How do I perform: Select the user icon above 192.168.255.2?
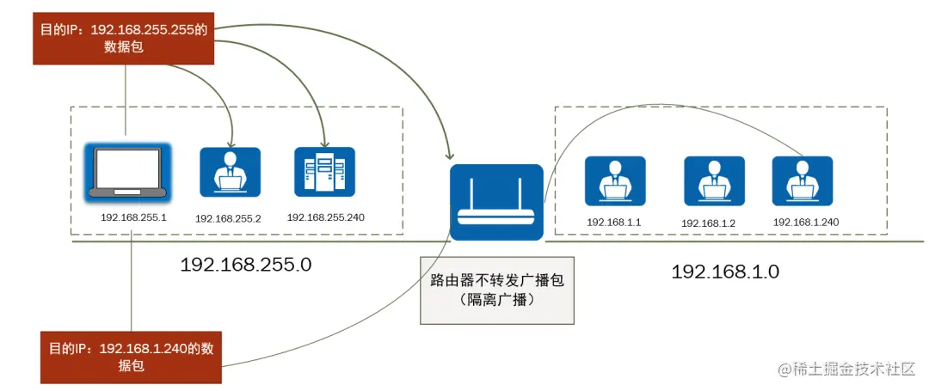(x=230, y=174)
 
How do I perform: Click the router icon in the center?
(x=496, y=202)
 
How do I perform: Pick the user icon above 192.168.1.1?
(x=614, y=180)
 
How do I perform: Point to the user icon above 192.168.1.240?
(x=802, y=180)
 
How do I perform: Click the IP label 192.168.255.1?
(x=133, y=217)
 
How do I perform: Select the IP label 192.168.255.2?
(x=228, y=219)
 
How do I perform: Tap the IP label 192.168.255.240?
(x=326, y=217)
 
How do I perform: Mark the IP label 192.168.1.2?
(x=710, y=223)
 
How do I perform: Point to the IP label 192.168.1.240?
(x=806, y=222)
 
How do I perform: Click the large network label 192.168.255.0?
(x=245, y=265)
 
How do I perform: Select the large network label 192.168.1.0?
(x=724, y=272)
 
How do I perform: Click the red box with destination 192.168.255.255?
(x=123, y=38)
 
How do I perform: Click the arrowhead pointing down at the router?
(x=449, y=156)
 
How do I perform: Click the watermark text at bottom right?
(x=847, y=370)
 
